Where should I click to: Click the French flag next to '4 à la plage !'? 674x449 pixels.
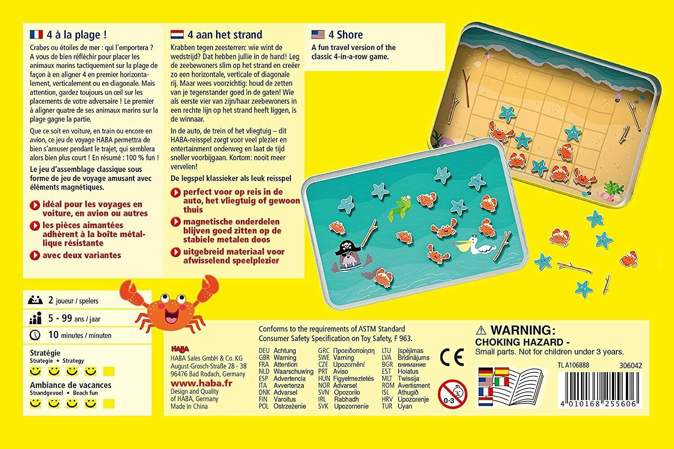tap(36, 34)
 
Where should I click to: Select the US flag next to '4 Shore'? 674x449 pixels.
tap(318, 34)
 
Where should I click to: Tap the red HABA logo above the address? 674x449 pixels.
tap(180, 348)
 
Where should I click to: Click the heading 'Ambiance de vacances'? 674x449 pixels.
tap(71, 385)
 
